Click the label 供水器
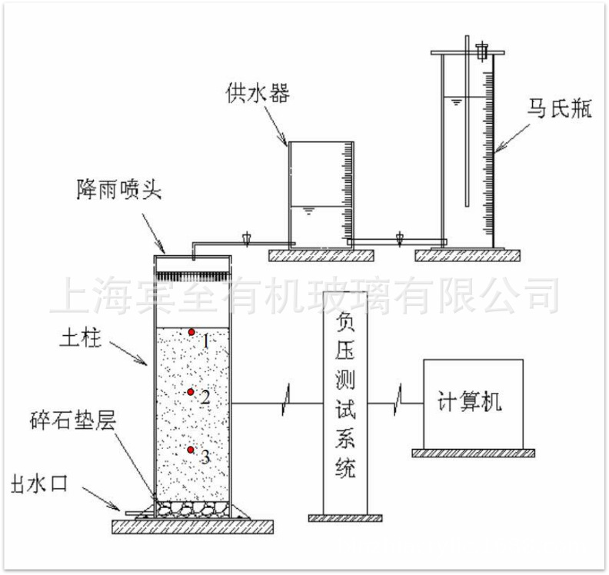[x=257, y=94]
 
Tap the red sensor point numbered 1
[x=191, y=332]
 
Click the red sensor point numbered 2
[x=190, y=393]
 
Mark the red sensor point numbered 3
[x=191, y=449]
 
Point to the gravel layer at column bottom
[x=192, y=508]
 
